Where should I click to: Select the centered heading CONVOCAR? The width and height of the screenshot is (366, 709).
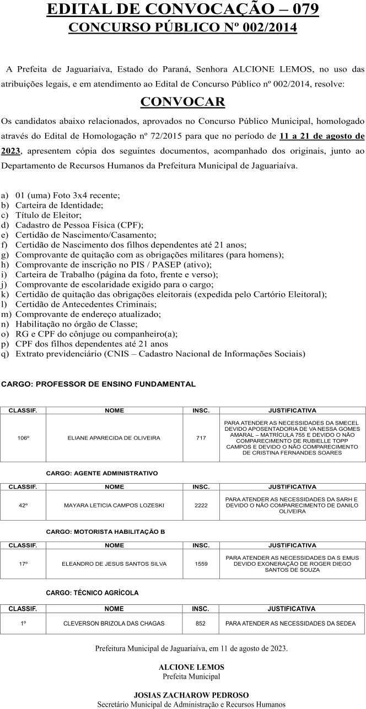coord(182,102)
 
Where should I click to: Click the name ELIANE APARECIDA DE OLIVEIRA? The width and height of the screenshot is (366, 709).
coord(114,438)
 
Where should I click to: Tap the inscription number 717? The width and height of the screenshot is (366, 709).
coord(201,438)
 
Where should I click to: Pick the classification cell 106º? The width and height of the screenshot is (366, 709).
coord(23,438)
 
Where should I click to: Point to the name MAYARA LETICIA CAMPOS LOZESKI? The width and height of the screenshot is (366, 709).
coord(114,505)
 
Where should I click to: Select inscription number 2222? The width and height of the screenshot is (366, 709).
coord(201,505)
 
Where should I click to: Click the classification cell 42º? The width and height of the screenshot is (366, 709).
coord(23,505)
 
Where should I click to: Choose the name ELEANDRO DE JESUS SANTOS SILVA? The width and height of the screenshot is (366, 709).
coord(114,564)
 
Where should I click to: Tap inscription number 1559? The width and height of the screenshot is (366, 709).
coord(201,564)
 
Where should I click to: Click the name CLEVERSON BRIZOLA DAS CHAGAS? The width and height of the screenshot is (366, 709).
coord(114,624)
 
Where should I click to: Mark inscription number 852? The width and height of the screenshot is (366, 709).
coord(201,624)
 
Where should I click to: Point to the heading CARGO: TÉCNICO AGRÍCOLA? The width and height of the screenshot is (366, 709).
coord(92,593)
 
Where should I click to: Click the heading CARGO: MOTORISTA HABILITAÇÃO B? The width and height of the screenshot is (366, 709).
coord(105,532)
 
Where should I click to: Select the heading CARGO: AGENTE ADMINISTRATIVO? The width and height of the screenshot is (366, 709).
coord(102,473)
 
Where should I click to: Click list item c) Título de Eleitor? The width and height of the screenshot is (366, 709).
coord(49,215)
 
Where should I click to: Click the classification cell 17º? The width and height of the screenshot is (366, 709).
coord(23,564)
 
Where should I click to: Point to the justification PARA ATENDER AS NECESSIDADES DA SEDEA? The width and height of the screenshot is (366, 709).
coord(291,624)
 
